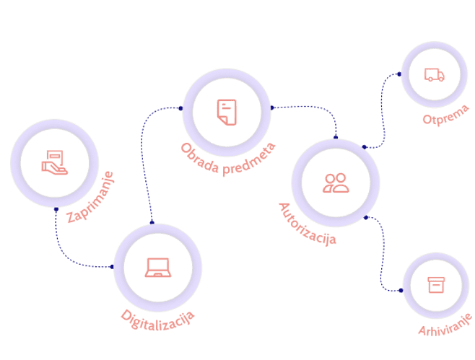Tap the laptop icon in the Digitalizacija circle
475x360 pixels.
tap(157, 267)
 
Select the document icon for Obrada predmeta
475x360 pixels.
tap(226, 112)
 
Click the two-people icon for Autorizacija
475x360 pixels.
tap(336, 183)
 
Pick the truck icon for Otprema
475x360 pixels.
tap(434, 74)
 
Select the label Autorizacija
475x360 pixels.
tap(308, 225)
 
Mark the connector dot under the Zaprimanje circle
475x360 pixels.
tap(56, 210)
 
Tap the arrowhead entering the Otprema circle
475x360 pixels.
tap(398, 74)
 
